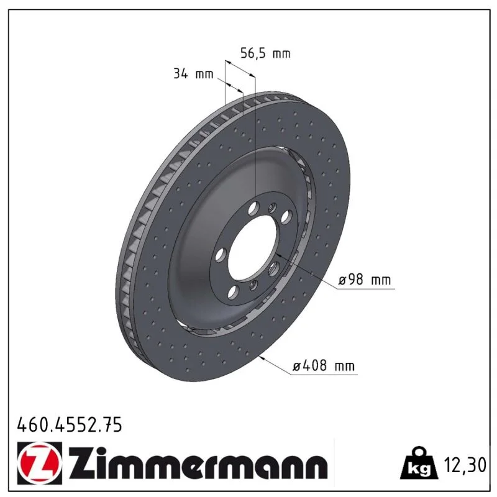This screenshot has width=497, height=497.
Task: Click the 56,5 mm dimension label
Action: click(x=265, y=53)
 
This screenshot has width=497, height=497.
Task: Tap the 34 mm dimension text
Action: click(x=193, y=74)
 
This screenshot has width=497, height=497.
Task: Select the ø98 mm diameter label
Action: click(x=364, y=280)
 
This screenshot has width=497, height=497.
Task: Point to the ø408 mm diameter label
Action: click(x=323, y=366)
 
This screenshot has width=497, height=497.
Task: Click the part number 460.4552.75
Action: click(x=70, y=424)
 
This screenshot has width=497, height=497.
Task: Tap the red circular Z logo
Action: click(x=40, y=463)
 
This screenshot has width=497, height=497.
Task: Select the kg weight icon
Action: click(x=419, y=463)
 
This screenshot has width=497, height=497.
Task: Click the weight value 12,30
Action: click(x=465, y=465)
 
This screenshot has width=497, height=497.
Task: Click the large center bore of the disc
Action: click(x=253, y=247)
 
